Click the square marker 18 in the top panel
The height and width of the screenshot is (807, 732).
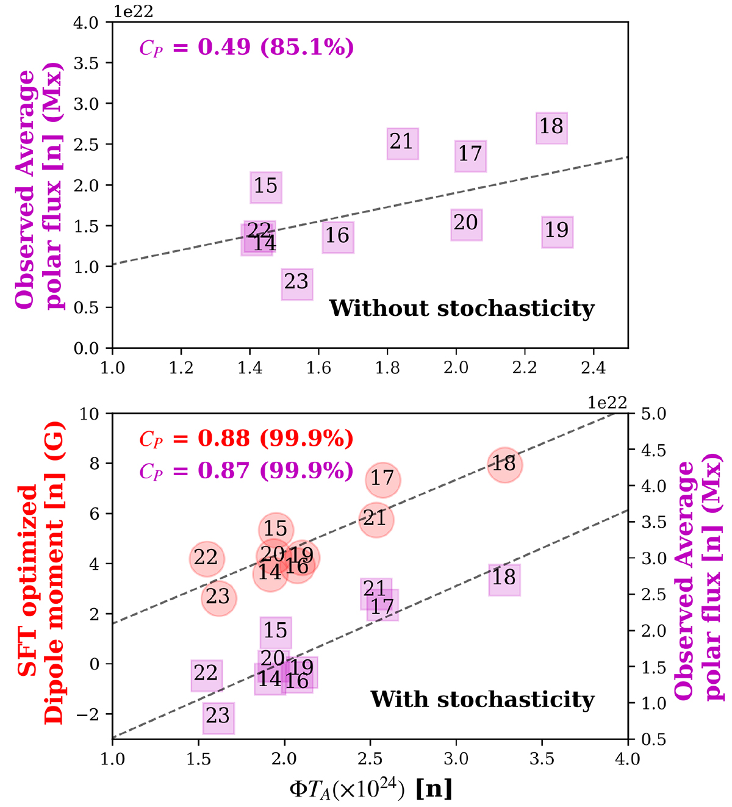click(x=551, y=127)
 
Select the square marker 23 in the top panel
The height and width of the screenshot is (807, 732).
click(x=297, y=283)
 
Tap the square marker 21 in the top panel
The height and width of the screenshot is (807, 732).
click(x=402, y=143)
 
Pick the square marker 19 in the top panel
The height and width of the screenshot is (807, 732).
click(x=557, y=231)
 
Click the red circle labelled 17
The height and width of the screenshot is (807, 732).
click(x=383, y=479)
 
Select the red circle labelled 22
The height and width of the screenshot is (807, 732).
click(x=206, y=558)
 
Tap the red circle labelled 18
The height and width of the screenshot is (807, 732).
click(x=504, y=464)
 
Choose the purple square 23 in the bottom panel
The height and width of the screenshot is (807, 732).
click(x=218, y=717)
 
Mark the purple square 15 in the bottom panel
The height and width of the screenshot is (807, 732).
click(x=276, y=631)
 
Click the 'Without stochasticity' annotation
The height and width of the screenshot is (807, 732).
click(x=462, y=308)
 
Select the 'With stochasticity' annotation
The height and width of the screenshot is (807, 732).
click(x=482, y=699)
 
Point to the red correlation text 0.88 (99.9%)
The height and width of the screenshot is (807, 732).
click(x=246, y=439)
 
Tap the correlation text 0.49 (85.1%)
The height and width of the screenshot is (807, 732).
click(x=246, y=48)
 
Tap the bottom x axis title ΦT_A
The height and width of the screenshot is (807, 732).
click(x=370, y=789)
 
